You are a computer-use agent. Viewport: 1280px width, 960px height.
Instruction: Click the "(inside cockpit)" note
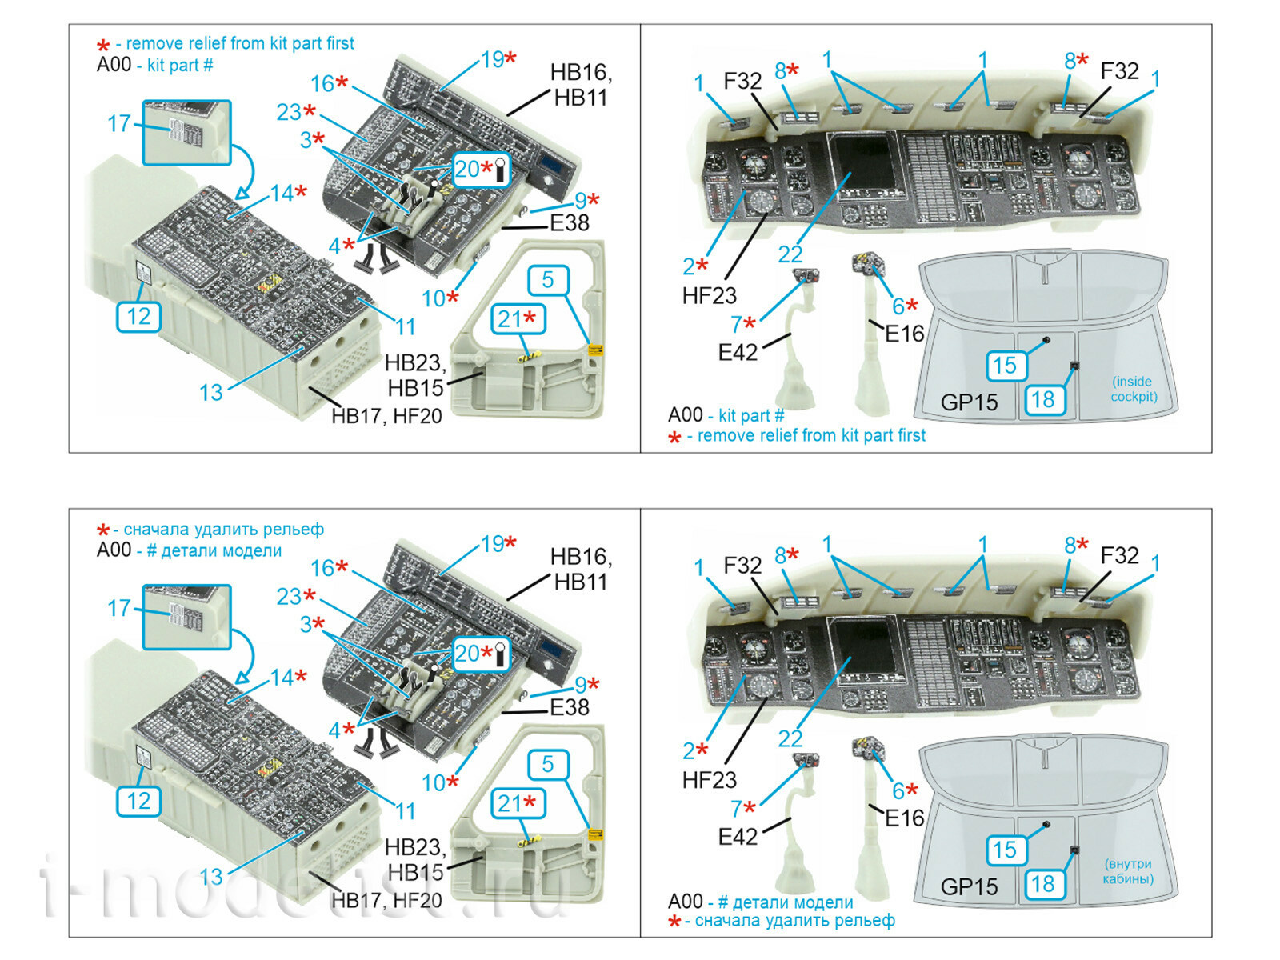tap(1133, 389)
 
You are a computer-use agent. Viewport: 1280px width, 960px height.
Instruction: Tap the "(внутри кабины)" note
tap(1128, 871)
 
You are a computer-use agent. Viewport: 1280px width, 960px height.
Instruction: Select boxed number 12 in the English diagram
tap(138, 316)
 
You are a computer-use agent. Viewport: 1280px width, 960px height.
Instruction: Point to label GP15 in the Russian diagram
tap(969, 886)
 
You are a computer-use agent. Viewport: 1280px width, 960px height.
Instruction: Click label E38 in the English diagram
tap(570, 223)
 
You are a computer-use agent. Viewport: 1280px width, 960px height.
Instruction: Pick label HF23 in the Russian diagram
tap(709, 780)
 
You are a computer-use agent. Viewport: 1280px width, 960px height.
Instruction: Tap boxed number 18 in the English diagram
tap(1042, 399)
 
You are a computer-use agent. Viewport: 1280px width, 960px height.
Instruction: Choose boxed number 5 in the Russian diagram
tap(548, 764)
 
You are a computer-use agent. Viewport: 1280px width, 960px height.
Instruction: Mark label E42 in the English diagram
tap(738, 352)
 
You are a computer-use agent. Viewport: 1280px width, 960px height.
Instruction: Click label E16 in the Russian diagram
tap(904, 818)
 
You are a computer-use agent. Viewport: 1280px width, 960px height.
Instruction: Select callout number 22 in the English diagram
tap(790, 254)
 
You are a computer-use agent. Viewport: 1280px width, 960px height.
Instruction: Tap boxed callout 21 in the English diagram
tap(518, 319)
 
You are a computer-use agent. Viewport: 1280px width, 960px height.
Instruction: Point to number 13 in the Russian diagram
tap(210, 877)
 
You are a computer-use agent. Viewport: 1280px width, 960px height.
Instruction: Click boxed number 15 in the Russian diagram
tap(1004, 850)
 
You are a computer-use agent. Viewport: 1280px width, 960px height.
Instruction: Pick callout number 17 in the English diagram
tap(118, 123)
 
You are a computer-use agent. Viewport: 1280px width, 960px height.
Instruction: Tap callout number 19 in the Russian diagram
tap(493, 544)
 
